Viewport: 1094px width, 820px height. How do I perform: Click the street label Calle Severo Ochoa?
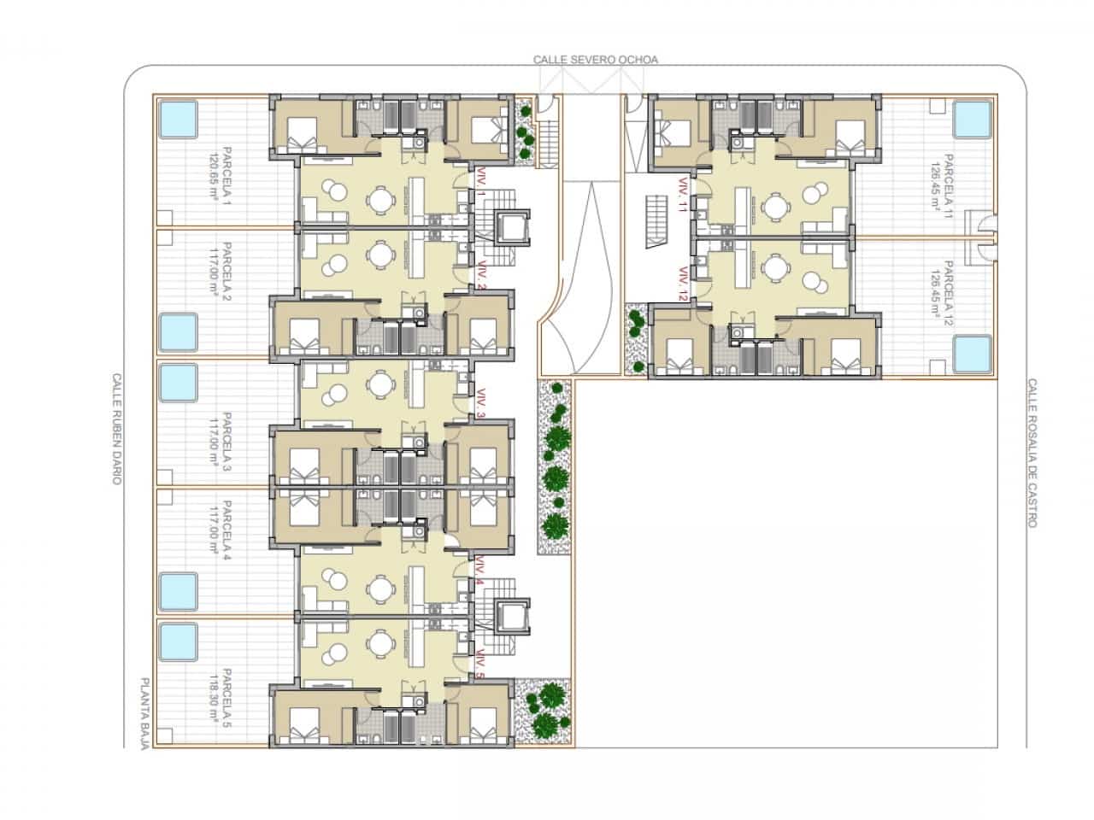click(595, 60)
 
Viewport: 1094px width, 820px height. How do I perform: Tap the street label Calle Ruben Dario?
click(117, 428)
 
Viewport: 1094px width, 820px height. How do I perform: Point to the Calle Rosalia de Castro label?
click(1032, 453)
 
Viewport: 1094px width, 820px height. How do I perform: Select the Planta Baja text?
click(144, 714)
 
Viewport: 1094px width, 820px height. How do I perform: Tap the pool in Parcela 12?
click(972, 352)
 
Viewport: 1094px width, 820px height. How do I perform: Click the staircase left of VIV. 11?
click(656, 221)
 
